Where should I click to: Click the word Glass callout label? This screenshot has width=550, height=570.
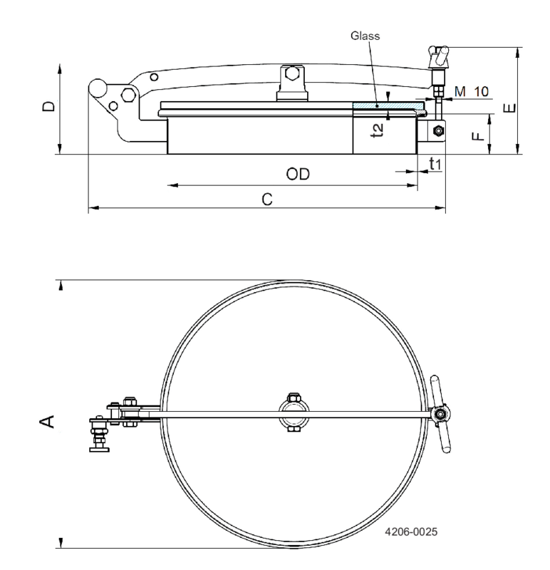[x=365, y=33]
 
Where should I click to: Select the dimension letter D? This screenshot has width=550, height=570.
[x=48, y=107]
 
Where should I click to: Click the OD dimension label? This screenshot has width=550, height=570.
[x=299, y=175]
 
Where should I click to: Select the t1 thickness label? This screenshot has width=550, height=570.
[x=435, y=164]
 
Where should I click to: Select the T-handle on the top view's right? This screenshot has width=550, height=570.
[x=442, y=413]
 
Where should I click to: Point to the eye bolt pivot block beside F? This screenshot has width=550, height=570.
[x=436, y=130]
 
